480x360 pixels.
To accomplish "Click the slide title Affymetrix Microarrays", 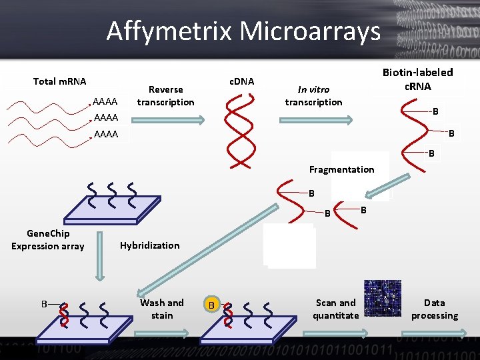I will tap(243, 31).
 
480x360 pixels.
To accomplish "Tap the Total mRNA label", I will tap(59, 81).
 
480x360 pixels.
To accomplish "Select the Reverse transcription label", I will tap(165, 95).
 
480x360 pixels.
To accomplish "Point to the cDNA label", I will tap(241, 81).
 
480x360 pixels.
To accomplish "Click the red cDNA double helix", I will tap(240, 130).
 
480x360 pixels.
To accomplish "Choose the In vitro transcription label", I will tap(313, 95).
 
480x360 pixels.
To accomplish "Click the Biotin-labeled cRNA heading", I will tap(417, 79).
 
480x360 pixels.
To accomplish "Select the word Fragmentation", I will tap(341, 169).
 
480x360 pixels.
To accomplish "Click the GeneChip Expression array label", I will tap(47, 240).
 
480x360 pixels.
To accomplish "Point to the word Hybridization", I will tap(149, 245).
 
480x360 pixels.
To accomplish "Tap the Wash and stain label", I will tap(161, 309).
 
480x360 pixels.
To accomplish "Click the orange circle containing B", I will tap(211, 305).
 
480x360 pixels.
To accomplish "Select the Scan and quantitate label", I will tap(335, 309).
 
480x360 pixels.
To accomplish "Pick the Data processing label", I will tap(434, 309).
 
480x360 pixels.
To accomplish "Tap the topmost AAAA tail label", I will tap(105, 102).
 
